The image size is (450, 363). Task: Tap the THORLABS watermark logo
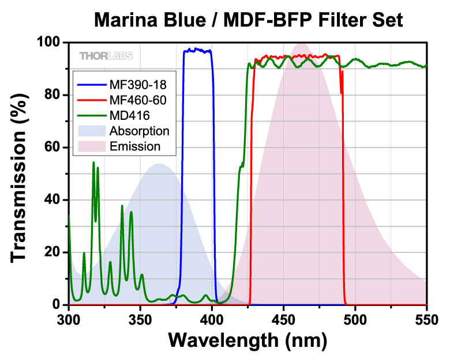106,56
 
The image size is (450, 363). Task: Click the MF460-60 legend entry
137,100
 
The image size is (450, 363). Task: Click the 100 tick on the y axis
48,43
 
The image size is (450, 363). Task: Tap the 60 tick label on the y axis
52,148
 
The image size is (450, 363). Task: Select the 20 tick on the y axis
52,252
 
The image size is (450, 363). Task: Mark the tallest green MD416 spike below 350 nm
93,163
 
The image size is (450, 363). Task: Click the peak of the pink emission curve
302,44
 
